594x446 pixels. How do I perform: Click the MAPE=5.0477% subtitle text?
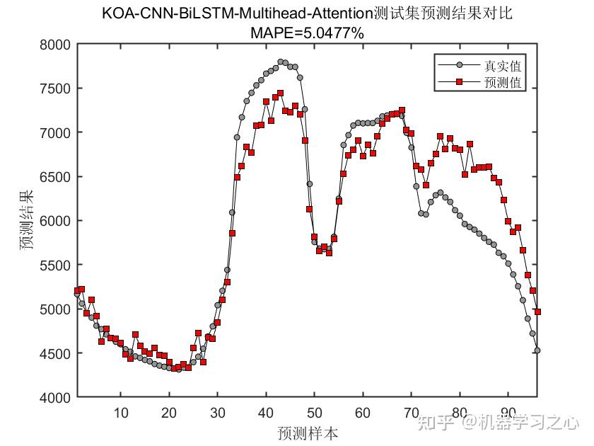(307, 31)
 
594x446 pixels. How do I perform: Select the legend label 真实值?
(503, 67)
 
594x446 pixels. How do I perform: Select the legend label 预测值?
(503, 83)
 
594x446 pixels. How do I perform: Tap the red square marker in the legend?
(459, 83)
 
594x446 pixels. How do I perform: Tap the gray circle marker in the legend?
(459, 67)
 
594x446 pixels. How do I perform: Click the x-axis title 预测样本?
(307, 431)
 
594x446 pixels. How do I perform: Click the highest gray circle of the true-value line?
(281, 62)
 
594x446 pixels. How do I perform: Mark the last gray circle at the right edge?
(537, 350)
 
